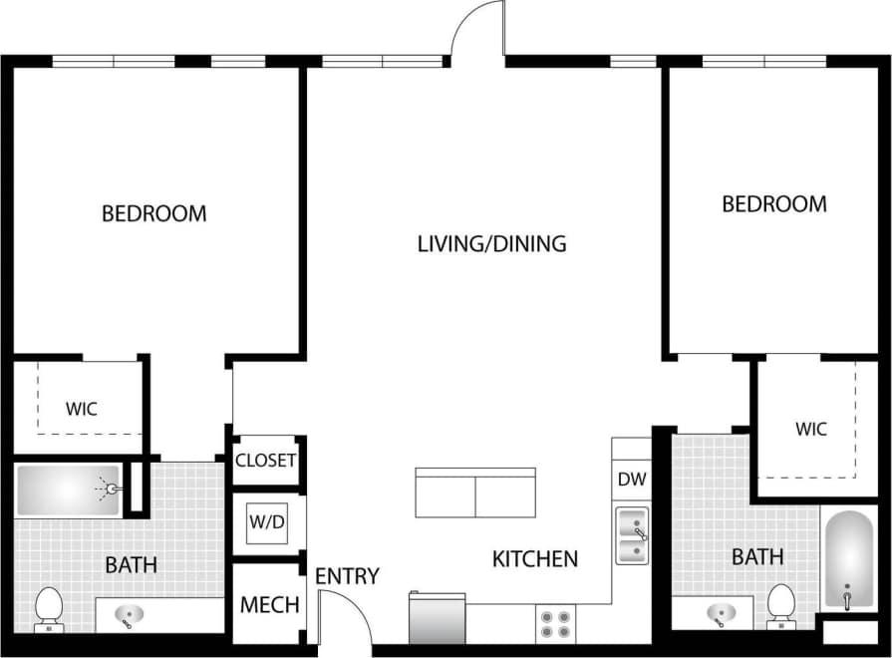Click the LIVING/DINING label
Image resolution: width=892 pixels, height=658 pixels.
pyautogui.click(x=491, y=243)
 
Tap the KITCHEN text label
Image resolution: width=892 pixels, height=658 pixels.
pyautogui.click(x=535, y=559)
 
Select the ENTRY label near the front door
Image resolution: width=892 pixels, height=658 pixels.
pyautogui.click(x=347, y=576)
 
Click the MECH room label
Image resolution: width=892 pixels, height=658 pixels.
pyautogui.click(x=269, y=605)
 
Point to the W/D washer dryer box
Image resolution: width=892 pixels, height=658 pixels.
pyautogui.click(x=266, y=522)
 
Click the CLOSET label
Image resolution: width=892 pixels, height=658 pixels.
pyautogui.click(x=265, y=460)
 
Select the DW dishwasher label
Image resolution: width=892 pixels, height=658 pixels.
pyautogui.click(x=632, y=480)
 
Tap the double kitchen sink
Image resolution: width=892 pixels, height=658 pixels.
pyautogui.click(x=632, y=535)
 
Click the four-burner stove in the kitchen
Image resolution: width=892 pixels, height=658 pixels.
pyautogui.click(x=556, y=623)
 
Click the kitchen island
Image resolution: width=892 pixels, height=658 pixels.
pyautogui.click(x=475, y=493)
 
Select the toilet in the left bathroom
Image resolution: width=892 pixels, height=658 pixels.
pyautogui.click(x=49, y=609)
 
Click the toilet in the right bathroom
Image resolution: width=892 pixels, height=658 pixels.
pyautogui.click(x=781, y=606)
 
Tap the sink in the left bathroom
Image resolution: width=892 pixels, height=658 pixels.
pyautogui.click(x=126, y=615)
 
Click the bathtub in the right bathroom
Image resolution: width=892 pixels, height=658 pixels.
pyautogui.click(x=848, y=561)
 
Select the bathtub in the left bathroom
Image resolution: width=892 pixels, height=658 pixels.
pyautogui.click(x=69, y=490)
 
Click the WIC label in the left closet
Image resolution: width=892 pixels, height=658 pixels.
pyautogui.click(x=82, y=409)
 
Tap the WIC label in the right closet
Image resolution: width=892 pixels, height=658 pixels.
pyautogui.click(x=811, y=430)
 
